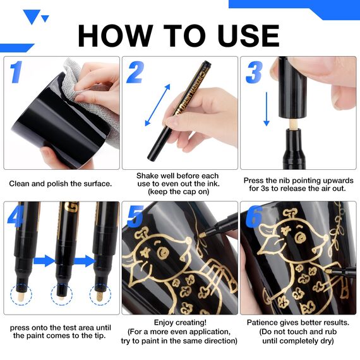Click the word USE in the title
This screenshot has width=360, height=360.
click(x=248, y=35)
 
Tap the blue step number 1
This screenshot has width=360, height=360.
click(x=16, y=72)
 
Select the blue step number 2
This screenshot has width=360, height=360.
click(x=135, y=72)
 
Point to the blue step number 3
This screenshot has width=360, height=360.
click(x=254, y=73)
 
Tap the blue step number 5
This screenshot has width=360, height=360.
click(x=135, y=217)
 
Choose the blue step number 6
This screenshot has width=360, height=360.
click(x=254, y=217)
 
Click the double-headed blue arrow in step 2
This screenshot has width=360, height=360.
click(x=158, y=105)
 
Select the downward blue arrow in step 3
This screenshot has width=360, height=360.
click(x=267, y=109)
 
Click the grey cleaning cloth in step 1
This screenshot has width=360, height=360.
click(x=92, y=92)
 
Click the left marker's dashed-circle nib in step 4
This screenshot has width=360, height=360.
click(x=21, y=294)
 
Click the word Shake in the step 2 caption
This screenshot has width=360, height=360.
click(x=148, y=176)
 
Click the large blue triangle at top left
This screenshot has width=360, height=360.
click(x=32, y=16)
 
